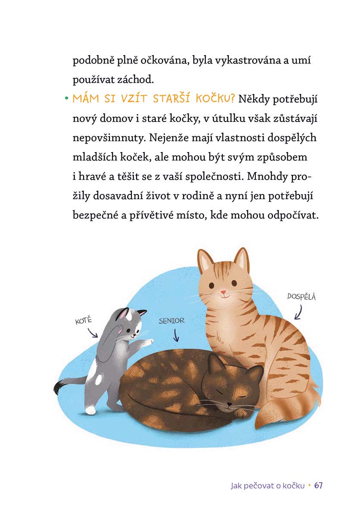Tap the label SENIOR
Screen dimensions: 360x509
click(x=171, y=321)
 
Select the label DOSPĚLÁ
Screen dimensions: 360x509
click(x=301, y=297)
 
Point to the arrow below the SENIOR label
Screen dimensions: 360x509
click(x=176, y=335)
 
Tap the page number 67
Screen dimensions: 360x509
click(x=319, y=486)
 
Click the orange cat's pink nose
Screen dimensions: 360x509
click(x=223, y=292)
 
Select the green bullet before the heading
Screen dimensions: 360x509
click(x=67, y=98)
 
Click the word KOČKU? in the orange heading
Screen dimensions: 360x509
click(x=215, y=98)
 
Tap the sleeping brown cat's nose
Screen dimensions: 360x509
click(x=229, y=404)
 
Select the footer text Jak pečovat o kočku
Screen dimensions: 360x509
click(x=268, y=486)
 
